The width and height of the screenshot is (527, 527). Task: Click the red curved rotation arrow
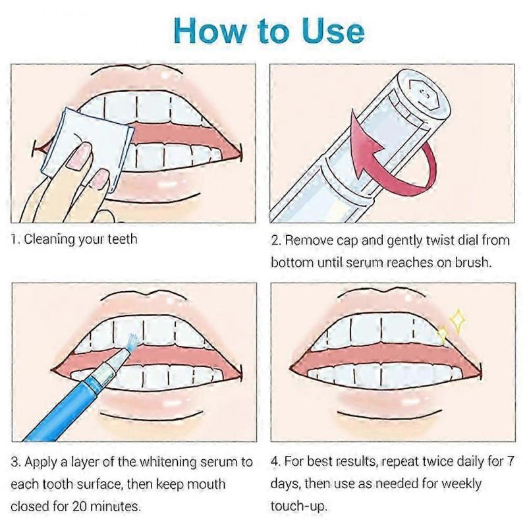[x=389, y=155]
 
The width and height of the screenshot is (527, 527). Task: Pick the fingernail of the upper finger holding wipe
[x=78, y=155]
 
